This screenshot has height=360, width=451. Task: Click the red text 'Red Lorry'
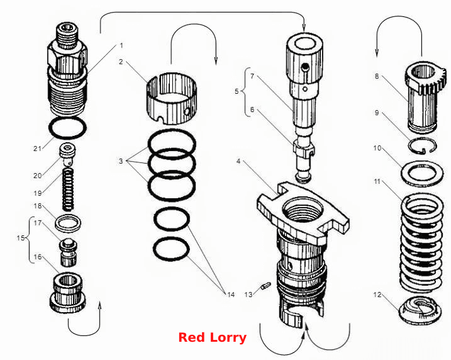[x=212, y=337]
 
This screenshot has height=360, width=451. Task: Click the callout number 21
[x=37, y=149]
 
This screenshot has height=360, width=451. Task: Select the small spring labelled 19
[x=68, y=189]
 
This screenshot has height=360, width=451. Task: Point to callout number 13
[x=248, y=295]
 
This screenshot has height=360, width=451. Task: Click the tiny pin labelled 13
[x=266, y=286]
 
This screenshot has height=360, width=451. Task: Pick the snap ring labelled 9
[x=423, y=145]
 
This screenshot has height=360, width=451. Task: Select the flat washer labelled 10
[x=422, y=174]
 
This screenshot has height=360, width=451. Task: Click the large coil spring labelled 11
[x=421, y=243]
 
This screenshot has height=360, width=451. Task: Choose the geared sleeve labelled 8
[x=424, y=96]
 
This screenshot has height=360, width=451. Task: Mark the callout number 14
[x=231, y=295]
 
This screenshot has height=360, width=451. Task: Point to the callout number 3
[x=121, y=161]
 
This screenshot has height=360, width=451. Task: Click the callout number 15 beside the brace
[x=20, y=238]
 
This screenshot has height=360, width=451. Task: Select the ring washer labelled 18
[x=68, y=223]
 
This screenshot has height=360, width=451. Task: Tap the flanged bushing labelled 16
[x=68, y=293]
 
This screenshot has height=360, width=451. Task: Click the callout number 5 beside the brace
[x=237, y=91]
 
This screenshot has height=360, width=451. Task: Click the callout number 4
[x=238, y=161]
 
